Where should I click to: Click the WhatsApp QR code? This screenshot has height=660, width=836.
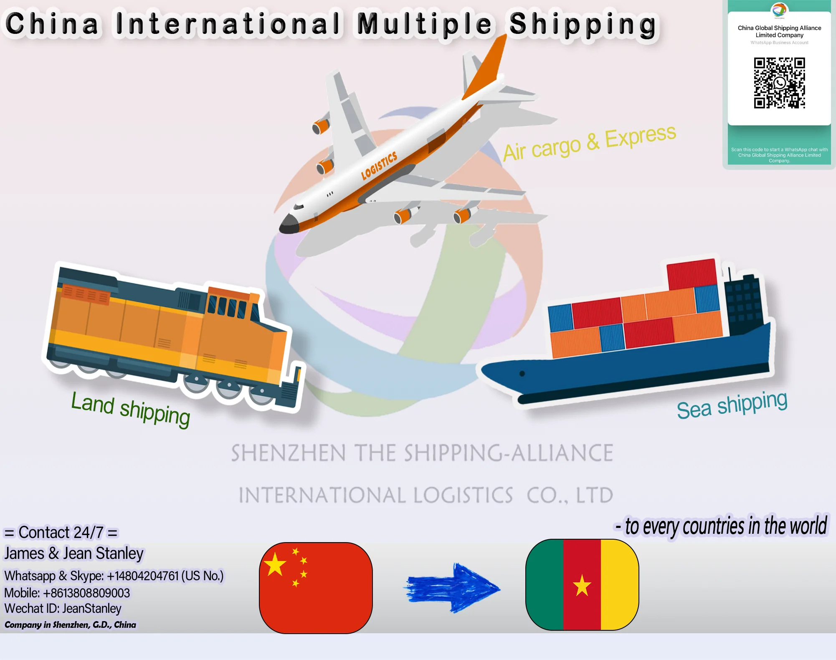pyautogui.click(x=779, y=83)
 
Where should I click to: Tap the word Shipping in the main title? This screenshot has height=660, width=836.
pyautogui.click(x=583, y=24)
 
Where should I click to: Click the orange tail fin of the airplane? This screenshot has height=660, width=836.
pyautogui.click(x=486, y=71)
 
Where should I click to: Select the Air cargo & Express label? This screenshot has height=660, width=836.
pyautogui.click(x=589, y=143)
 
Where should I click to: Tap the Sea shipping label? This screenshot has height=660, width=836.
pyautogui.click(x=732, y=404)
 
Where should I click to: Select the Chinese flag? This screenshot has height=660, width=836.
pyautogui.click(x=316, y=588)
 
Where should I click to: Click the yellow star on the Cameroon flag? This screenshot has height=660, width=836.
pyautogui.click(x=582, y=585)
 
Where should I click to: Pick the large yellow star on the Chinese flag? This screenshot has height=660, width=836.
pyautogui.click(x=275, y=564)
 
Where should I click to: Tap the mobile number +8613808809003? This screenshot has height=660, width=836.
pyautogui.click(x=67, y=593)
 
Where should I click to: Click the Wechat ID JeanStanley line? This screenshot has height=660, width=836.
pyautogui.click(x=63, y=609)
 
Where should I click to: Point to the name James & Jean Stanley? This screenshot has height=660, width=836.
pyautogui.click(x=74, y=553)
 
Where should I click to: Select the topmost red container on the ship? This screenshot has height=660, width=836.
pyautogui.click(x=692, y=274)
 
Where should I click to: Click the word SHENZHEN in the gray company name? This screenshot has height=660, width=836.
pyautogui.click(x=288, y=453)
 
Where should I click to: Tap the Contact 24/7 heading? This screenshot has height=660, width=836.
pyautogui.click(x=61, y=533)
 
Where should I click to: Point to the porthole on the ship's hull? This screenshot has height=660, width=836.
pyautogui.click(x=522, y=374)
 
